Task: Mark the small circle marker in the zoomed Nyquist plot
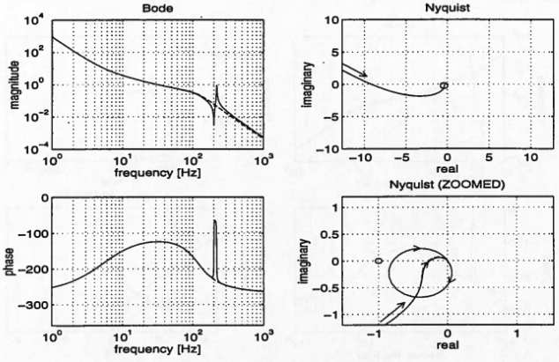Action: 378,261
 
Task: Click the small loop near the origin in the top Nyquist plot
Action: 443,85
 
